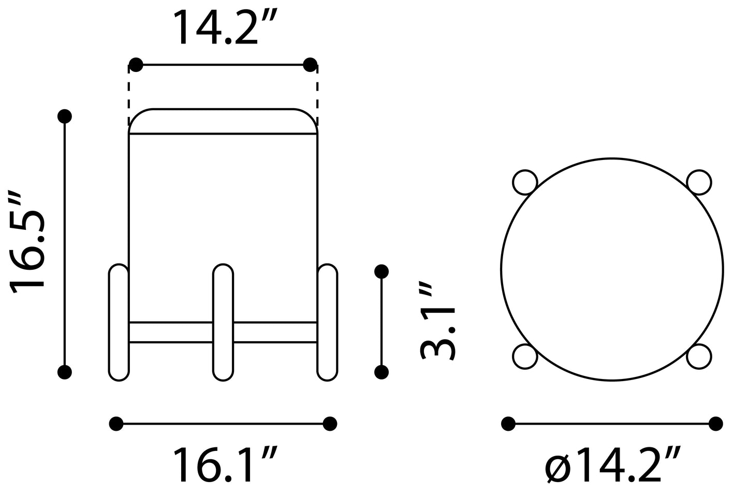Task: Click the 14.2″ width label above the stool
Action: point(225,27)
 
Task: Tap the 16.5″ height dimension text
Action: point(27,243)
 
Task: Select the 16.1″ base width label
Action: point(225,465)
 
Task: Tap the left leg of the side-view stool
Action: point(119,323)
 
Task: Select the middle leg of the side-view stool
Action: point(223,323)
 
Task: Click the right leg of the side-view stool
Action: point(327,323)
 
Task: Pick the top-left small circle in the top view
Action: point(525,182)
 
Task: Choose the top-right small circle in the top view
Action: point(699,182)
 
